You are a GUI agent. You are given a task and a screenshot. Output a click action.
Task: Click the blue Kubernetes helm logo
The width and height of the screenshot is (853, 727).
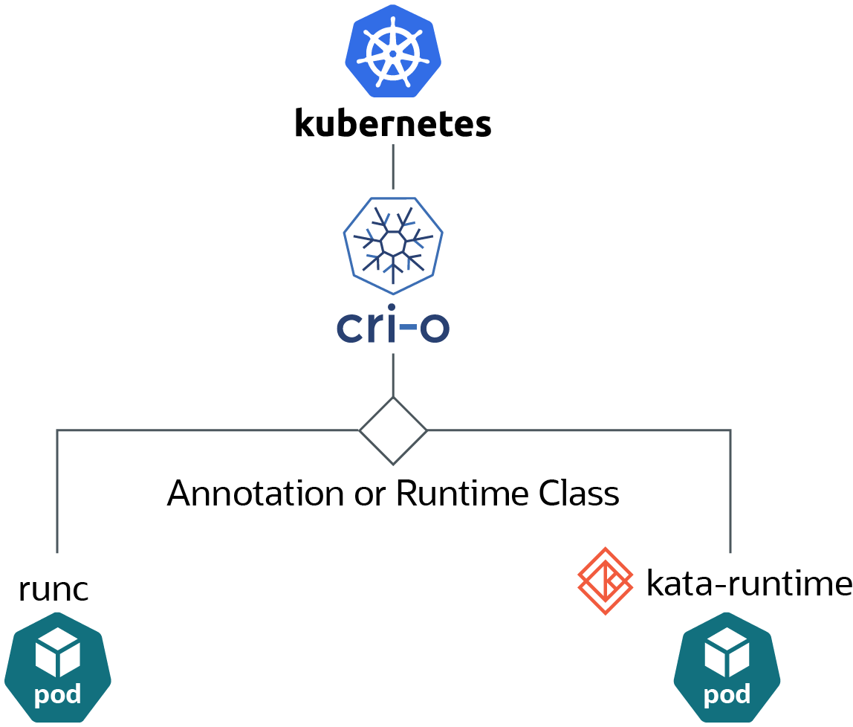[x=393, y=51]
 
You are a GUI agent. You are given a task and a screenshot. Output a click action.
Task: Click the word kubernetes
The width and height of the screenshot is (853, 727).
[x=393, y=123]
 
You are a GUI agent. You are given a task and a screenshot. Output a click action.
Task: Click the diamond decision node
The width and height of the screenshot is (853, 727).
[x=393, y=431]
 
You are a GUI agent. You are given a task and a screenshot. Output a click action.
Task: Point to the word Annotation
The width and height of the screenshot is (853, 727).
[x=256, y=494]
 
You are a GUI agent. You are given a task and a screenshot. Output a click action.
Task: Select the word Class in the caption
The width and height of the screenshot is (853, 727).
[x=579, y=494]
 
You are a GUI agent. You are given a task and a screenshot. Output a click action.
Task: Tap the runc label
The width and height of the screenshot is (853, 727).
[x=53, y=590]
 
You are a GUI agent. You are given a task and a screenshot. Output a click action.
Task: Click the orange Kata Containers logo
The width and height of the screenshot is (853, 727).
[x=605, y=581]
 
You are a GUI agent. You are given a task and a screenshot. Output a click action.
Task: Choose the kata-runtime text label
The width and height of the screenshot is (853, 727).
[x=749, y=584]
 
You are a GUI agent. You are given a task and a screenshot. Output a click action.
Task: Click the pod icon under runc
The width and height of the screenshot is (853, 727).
[x=58, y=668]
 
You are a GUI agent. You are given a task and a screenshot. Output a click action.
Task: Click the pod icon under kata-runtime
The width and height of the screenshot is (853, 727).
[x=727, y=668]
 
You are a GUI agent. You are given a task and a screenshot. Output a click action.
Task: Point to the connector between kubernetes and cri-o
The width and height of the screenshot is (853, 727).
[x=393, y=167]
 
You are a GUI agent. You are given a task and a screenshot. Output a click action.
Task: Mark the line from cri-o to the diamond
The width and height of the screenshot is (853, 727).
[x=393, y=375]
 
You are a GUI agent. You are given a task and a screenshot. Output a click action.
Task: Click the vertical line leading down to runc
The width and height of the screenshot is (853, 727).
[x=57, y=491]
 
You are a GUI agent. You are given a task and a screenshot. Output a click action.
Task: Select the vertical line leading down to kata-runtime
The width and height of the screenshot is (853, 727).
[x=730, y=491]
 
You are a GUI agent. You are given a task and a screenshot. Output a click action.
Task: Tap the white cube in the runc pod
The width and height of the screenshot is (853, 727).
[x=58, y=651]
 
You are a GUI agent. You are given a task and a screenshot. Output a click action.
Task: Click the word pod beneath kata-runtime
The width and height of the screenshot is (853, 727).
[x=727, y=694]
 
